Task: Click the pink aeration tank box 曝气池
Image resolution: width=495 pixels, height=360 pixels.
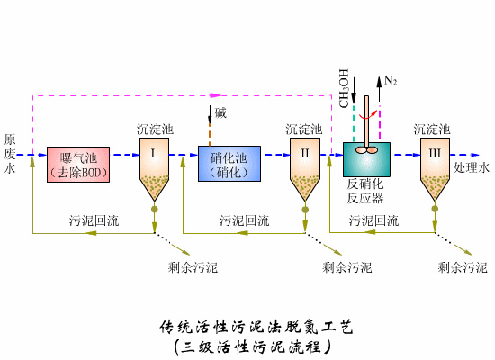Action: [78, 162]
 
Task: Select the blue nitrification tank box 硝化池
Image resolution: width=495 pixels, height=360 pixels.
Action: [229, 162]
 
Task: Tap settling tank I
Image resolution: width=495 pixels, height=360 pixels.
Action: [154, 167]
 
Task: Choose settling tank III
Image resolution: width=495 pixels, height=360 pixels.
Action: [435, 167]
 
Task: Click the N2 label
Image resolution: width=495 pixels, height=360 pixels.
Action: [391, 81]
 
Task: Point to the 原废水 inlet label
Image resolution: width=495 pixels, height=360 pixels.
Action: [10, 155]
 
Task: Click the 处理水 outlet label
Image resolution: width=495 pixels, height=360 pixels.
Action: [472, 168]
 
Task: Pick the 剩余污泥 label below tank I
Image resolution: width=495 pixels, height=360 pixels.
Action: [193, 267]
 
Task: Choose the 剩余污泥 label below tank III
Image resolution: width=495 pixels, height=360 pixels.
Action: [462, 267]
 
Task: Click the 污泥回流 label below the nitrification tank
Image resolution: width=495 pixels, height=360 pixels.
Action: [244, 220]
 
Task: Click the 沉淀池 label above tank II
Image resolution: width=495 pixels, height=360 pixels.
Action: [304, 130]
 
